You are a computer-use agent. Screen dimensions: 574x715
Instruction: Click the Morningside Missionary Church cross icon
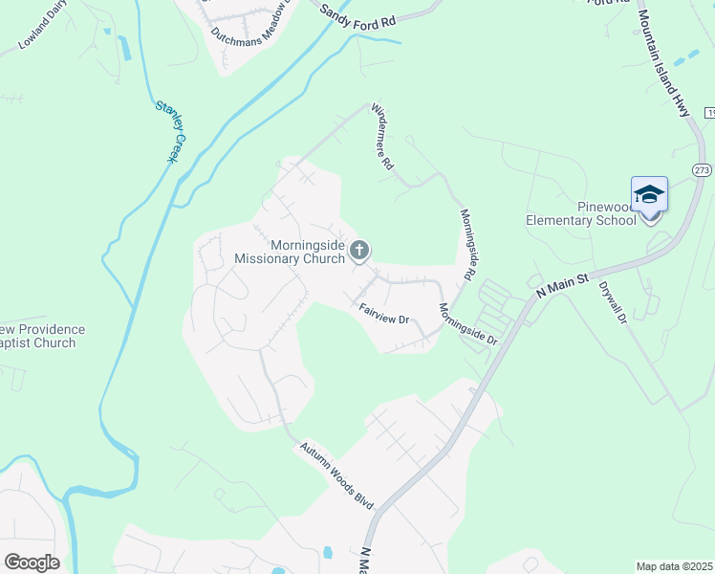(x=359, y=251)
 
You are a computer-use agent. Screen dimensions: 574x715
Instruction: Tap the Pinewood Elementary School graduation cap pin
(x=649, y=195)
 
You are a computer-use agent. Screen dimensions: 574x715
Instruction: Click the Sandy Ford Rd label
(x=357, y=13)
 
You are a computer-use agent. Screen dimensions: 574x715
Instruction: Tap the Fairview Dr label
(x=384, y=312)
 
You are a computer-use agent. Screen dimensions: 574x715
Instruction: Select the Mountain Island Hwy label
(x=662, y=63)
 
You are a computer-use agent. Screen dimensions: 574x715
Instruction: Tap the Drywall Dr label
(x=611, y=300)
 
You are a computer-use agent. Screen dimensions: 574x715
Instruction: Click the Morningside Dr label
(x=468, y=324)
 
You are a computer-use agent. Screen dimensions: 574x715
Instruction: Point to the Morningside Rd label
(x=467, y=245)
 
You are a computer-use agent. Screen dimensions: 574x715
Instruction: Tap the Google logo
(x=32, y=562)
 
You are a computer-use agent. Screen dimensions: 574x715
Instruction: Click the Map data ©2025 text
(x=674, y=566)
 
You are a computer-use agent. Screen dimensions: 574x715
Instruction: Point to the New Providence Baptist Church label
(x=38, y=336)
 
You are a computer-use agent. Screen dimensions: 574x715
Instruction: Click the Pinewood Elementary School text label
(x=580, y=213)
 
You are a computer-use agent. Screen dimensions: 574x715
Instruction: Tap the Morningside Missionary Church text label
(x=290, y=252)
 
